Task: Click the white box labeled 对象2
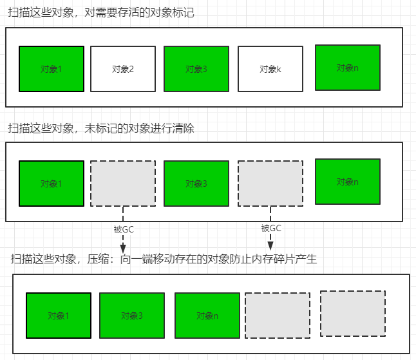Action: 122,69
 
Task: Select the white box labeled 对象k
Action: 270,69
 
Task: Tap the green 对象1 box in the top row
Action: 51,69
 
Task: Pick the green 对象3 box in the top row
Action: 196,69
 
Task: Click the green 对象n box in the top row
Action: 347,67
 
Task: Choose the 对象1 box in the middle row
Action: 51,184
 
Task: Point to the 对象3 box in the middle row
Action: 196,184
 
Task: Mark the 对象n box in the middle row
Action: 347,182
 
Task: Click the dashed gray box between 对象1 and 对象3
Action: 122,184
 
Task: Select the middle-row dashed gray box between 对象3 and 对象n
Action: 270,184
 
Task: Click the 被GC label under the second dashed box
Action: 270,228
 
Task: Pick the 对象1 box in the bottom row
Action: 58,316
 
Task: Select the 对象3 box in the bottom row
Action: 131,316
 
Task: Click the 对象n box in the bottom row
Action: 207,316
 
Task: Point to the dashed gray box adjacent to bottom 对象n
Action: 278,316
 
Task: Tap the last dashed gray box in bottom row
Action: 352,314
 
